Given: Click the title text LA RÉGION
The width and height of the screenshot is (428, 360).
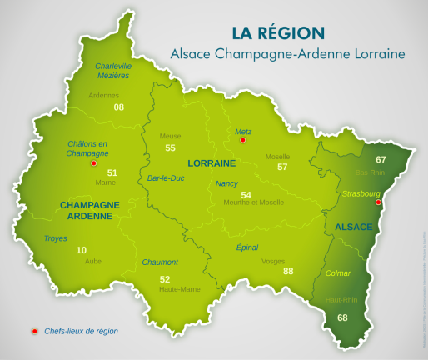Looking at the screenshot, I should (x=279, y=33).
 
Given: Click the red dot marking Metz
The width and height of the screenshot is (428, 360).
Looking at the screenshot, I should (x=242, y=141).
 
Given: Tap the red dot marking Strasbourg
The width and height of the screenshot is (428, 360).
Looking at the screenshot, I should (x=378, y=202).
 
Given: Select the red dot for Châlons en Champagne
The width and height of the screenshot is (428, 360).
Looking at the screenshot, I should (x=93, y=163).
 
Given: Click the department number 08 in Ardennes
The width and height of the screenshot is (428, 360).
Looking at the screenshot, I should (x=119, y=107).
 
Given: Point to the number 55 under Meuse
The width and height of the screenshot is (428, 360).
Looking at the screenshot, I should (x=171, y=147).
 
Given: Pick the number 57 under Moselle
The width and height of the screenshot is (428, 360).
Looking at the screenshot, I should (x=282, y=167).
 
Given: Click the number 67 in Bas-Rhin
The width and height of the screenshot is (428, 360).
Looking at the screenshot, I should (x=381, y=159).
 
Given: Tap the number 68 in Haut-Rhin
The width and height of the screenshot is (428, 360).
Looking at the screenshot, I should (x=342, y=317).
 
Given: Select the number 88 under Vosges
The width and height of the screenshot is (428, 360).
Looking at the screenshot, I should (x=288, y=271).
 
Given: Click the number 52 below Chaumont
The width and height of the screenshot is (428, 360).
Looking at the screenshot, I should (x=165, y=279).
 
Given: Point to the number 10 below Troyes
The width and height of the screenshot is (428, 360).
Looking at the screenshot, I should (x=81, y=250).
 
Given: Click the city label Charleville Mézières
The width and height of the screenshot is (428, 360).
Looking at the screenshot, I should (x=113, y=71).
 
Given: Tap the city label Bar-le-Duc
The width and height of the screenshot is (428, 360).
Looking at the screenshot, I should (x=165, y=178).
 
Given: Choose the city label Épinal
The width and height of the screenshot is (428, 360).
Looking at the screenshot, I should (x=247, y=247).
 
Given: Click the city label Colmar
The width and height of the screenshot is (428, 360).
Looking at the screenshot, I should (x=338, y=272).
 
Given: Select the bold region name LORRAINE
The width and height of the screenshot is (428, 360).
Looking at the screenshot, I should (x=213, y=162).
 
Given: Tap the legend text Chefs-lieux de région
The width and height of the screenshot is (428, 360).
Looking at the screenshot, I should (x=82, y=331).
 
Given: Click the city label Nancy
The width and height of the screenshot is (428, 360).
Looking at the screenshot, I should (x=226, y=183).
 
